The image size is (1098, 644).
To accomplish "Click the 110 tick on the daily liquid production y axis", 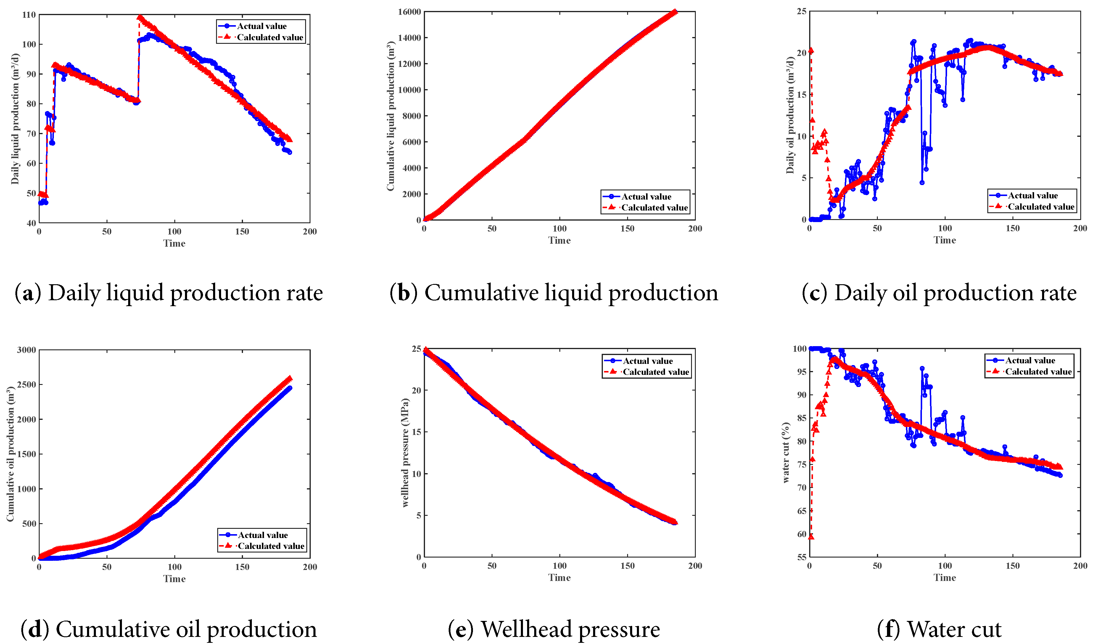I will (x=29, y=15).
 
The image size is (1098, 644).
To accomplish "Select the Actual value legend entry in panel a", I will (x=261, y=26).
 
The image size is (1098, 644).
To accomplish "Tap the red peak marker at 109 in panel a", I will (x=139, y=17).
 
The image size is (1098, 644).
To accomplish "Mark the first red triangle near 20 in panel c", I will (x=811, y=51).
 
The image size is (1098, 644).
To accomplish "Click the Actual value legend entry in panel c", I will (x=1033, y=196).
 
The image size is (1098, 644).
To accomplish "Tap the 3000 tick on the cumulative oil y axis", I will (x=26, y=350).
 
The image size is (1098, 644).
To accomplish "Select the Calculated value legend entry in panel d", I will (x=271, y=546).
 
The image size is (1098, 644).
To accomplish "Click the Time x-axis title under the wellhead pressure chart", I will (x=559, y=578).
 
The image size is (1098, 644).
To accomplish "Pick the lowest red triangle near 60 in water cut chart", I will (x=811, y=537).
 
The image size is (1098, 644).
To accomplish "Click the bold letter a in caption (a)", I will (x=28, y=293).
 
